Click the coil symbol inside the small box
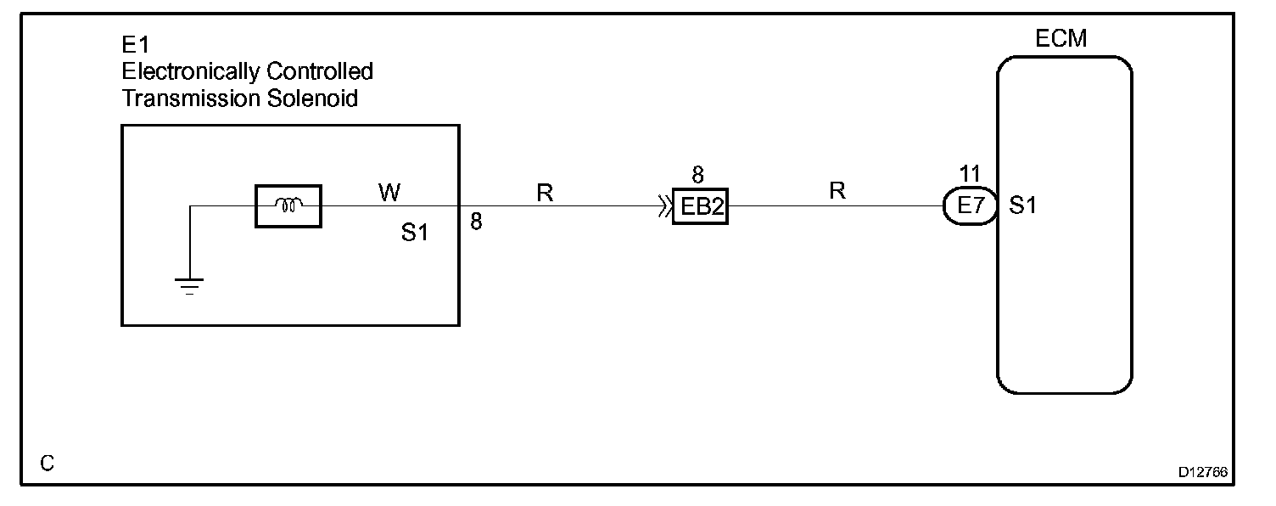[288, 205]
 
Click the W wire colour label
[389, 194]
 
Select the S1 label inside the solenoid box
[415, 233]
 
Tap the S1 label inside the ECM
[1022, 206]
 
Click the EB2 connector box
[700, 206]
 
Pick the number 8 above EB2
[697, 176]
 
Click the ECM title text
[1061, 39]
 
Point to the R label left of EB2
[545, 194]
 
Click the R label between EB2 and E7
[837, 191]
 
